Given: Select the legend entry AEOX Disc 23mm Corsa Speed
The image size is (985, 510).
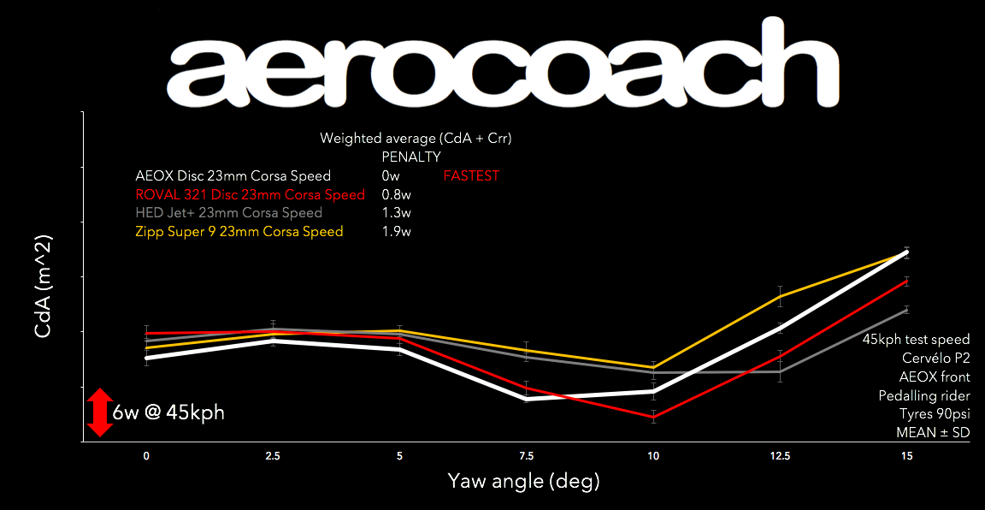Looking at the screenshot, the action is coord(233,177).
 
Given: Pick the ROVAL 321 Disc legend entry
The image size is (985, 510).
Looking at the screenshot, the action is coord(250,195).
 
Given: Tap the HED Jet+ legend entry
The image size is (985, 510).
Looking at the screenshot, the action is coord(228,213).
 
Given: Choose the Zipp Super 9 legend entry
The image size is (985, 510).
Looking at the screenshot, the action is coord(239,232).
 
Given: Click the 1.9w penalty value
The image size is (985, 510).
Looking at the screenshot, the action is coord(397,232).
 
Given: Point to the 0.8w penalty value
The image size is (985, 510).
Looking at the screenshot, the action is coord(397,195).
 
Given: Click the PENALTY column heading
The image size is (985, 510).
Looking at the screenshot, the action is coord(410,157).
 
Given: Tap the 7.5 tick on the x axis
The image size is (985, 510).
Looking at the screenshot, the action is coord(527,457).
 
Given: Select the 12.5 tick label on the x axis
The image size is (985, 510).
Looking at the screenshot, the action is coord(780,457).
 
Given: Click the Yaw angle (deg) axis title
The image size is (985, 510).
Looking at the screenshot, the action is coord(522,483).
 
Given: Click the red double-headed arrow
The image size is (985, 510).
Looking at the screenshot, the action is coord(100,412).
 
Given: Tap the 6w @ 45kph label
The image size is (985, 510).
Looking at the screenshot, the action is coord(168,413).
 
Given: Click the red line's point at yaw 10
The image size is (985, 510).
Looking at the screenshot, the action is coord(653,417).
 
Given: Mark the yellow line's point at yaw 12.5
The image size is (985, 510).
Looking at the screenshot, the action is coord(780,295).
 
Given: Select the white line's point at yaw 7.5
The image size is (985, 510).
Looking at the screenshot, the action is coord(527,399).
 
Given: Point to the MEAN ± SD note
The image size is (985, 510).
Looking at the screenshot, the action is coord(933,433).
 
